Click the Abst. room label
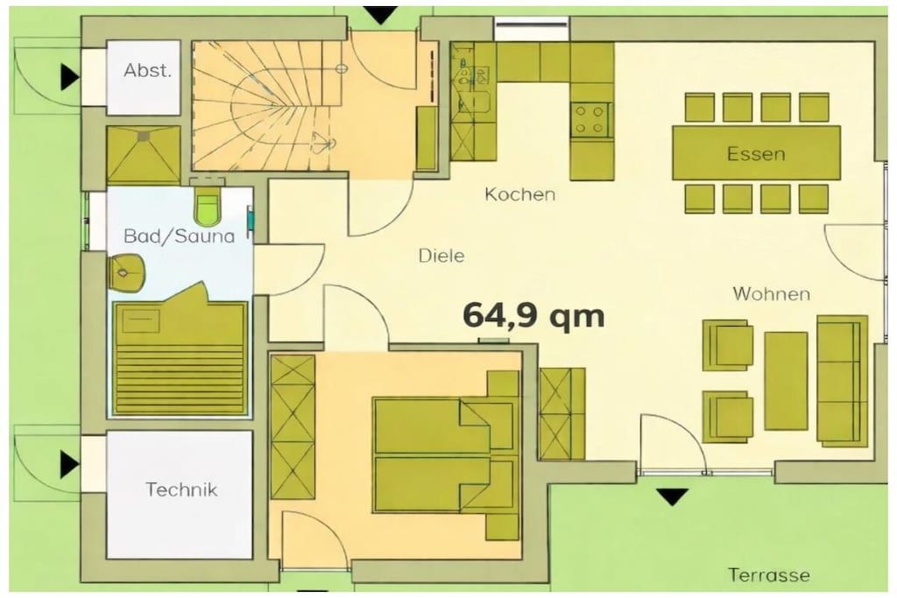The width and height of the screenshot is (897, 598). coord(147,71)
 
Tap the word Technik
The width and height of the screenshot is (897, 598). coord(181,489)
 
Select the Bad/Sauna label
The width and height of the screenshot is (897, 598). coord(179,236)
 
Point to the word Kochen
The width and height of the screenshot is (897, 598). coord(520,194)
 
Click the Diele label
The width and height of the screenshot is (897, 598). coord(441,256)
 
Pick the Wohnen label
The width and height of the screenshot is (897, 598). coord(771,294)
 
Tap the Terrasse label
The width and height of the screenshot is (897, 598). coord(769,574)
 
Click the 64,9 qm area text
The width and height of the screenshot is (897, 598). coord(533,315)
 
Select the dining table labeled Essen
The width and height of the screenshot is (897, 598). coord(756,153)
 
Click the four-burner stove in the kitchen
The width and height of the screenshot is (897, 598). coord(590,119)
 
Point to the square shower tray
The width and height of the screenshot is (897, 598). coord(144,156)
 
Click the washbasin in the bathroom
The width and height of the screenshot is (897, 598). coord(125,272)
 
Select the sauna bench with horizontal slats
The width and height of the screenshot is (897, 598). coord(180,357)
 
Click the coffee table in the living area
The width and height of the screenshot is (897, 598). coord(786,381)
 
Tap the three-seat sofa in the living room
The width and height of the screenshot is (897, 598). coord(842,381)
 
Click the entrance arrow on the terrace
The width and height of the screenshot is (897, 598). coord(673,496)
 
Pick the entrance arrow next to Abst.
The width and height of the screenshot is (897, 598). coord(70,76)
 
